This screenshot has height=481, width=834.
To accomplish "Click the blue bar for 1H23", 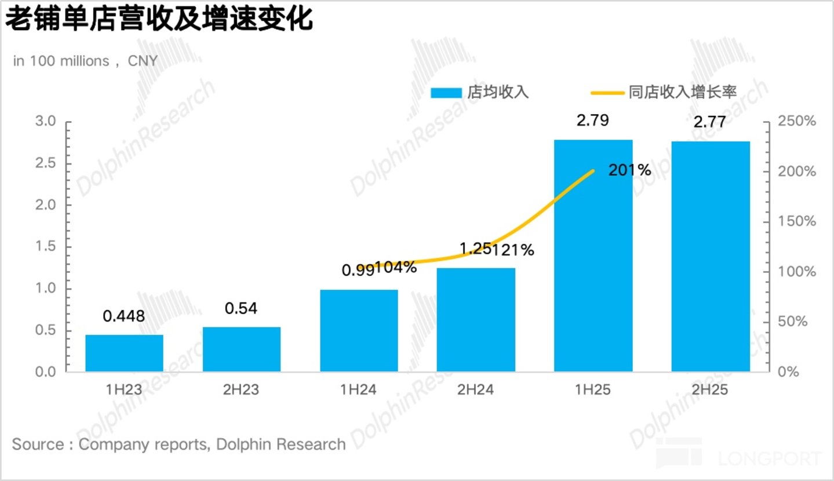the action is pyautogui.click(x=125, y=353).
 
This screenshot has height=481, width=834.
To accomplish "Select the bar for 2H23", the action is pyautogui.click(x=242, y=349).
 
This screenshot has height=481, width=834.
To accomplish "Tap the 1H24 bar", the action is pyautogui.click(x=359, y=330).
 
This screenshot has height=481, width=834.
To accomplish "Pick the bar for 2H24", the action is pyautogui.click(x=476, y=320).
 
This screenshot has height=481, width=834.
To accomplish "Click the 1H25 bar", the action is pyautogui.click(x=593, y=256).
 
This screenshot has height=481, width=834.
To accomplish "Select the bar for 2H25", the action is pyautogui.click(x=711, y=257).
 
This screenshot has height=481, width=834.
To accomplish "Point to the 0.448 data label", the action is pyautogui.click(x=123, y=316).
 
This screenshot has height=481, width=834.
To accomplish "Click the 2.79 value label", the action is pyautogui.click(x=593, y=121).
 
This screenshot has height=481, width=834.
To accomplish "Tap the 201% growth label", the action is pyautogui.click(x=629, y=170).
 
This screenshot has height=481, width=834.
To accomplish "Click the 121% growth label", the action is pyautogui.click(x=513, y=250).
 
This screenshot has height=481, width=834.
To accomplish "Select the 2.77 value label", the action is pyautogui.click(x=709, y=122).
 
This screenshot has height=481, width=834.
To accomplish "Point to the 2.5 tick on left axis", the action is pyautogui.click(x=45, y=163).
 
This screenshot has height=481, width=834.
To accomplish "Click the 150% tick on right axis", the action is pyautogui.click(x=797, y=221).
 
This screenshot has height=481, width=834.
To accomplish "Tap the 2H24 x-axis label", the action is pyautogui.click(x=475, y=390).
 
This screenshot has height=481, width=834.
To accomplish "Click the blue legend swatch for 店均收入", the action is pyautogui.click(x=446, y=93).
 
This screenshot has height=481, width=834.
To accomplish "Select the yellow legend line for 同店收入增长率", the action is pyautogui.click(x=607, y=93).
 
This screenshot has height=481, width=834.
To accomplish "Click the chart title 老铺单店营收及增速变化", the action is pyautogui.click(x=159, y=19).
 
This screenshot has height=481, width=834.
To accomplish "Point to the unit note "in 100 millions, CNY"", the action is pyautogui.click(x=86, y=61).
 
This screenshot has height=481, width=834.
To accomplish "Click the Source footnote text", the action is pyautogui.click(x=179, y=444).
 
